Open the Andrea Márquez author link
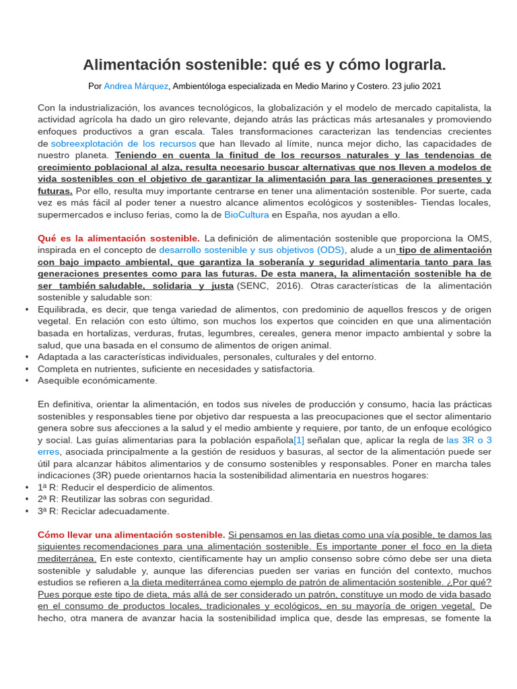click(136, 86)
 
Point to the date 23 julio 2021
click(417, 86)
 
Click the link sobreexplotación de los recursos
click(123, 143)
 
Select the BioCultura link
click(246, 215)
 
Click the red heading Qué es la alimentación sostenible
click(118, 238)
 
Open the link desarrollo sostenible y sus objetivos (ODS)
click(252, 250)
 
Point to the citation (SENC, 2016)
click(269, 285)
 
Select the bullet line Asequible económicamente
click(98, 380)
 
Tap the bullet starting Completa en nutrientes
click(176, 369)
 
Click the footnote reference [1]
click(299, 439)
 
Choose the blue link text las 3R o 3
click(469, 439)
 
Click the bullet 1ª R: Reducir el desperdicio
click(127, 487)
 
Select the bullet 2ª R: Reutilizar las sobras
click(125, 499)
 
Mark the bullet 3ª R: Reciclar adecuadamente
click(104, 511)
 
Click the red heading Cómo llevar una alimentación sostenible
click(131, 534)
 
